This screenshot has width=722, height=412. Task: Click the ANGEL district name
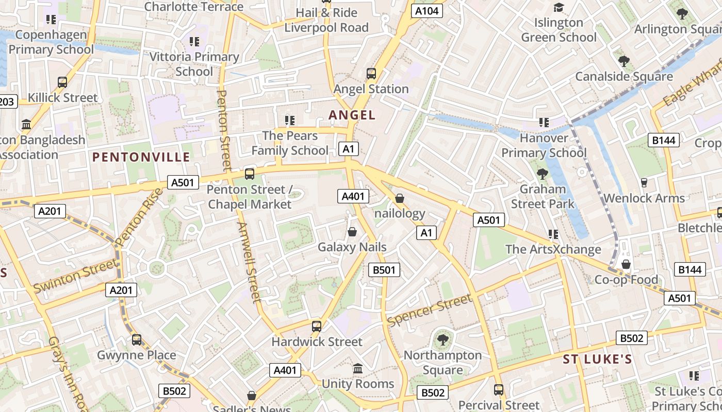coord(352,115)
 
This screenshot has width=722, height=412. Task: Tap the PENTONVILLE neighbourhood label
coord(141,157)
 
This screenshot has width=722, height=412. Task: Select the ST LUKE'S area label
coord(597,359)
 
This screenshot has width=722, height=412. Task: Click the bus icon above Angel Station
coord(371,73)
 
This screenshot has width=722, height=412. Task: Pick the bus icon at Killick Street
coord(62,82)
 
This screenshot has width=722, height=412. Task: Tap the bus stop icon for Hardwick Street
coord(317,326)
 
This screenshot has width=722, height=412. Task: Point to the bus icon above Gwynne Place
coord(137,339)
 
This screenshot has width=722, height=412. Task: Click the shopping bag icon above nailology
coord(399,198)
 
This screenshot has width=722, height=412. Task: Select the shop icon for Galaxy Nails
coord(352,232)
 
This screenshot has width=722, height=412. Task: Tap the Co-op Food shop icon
coord(626,264)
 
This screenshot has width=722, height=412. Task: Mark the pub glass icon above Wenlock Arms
coord(644,182)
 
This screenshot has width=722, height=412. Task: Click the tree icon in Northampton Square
coord(442,339)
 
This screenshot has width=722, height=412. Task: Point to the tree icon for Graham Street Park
coord(542,174)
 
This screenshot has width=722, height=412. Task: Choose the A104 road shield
coord(427,10)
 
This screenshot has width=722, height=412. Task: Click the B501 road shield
coord(384,269)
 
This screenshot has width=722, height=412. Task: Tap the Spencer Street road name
coord(429,310)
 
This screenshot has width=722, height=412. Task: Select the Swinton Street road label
coord(75,277)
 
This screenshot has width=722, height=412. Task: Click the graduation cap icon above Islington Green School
coord(559,7)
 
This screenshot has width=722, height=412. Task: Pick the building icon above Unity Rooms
coord(357,368)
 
